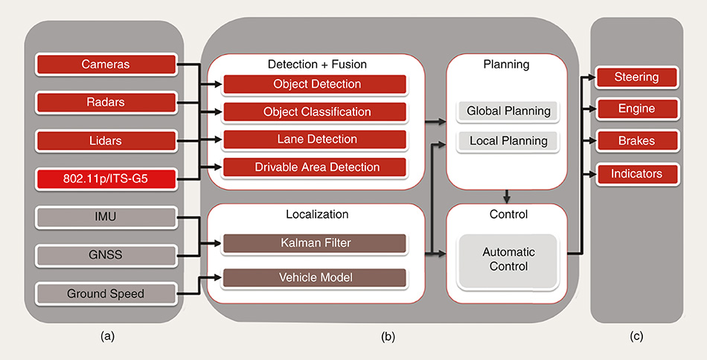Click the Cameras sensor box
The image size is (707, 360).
coord(106,65)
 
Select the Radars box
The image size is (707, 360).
coord(106,103)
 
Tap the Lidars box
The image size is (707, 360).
coord(106,141)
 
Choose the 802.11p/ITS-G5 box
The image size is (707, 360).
coord(106,179)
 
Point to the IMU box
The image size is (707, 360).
coord(106,217)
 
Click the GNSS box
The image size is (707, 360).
coord(106,255)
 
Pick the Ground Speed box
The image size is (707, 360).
coord(106,293)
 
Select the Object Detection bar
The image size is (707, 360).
coord(316,84)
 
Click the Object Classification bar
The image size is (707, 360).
coord(316,112)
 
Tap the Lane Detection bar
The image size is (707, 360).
coord(316,139)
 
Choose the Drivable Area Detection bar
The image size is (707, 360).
coord(316,167)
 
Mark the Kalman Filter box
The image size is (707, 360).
coord(316,243)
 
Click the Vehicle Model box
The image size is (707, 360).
coord(316,277)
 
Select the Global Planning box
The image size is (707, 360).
coord(508,112)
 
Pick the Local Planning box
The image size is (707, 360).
coord(508,141)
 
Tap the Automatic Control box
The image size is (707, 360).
coord(508,260)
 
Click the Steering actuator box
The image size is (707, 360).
coord(636,77)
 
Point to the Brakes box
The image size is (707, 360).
coord(636,141)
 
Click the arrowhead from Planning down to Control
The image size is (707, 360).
coord(507,199)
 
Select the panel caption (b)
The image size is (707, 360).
coord(388,336)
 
